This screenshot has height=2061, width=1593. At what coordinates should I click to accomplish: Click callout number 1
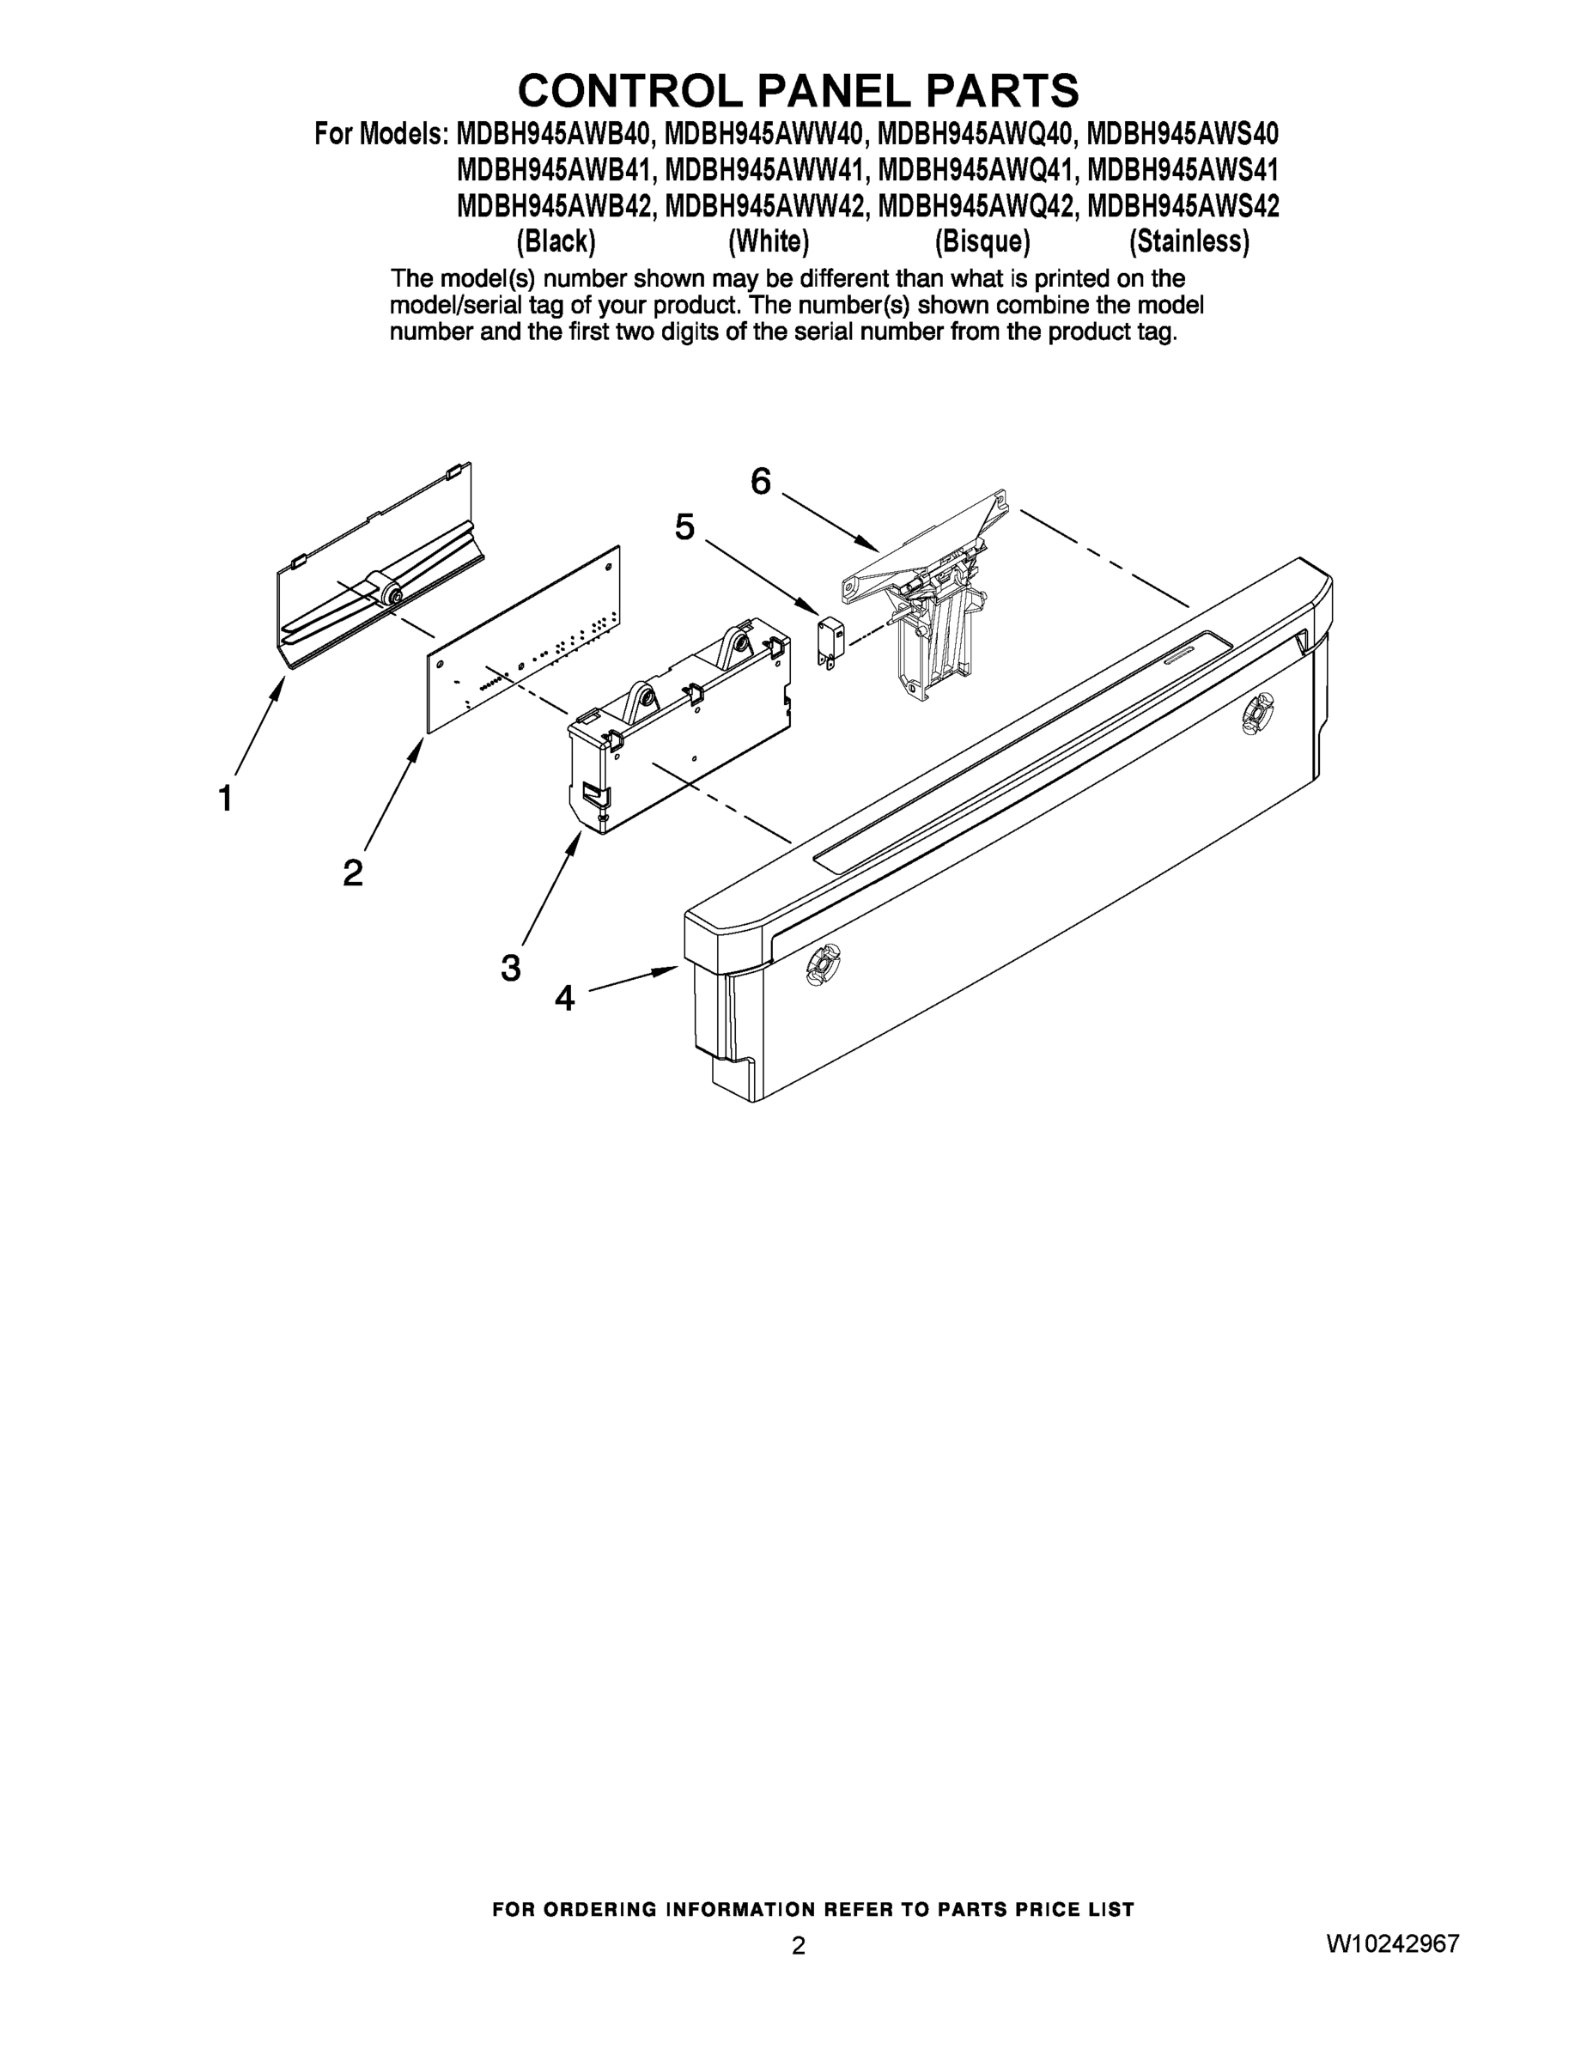click(x=226, y=799)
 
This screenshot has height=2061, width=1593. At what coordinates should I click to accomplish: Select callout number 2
click(x=352, y=872)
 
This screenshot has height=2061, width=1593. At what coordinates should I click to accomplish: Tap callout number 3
click(x=511, y=967)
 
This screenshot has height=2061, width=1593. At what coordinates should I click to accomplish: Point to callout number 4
click(x=564, y=998)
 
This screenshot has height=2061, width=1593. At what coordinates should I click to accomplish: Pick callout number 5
click(x=684, y=526)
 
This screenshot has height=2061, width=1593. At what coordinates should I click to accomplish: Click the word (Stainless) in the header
click(x=1189, y=242)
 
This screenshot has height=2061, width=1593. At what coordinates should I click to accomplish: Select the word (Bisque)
click(x=982, y=242)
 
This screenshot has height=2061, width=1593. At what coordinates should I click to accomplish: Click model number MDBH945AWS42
click(x=1183, y=206)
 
